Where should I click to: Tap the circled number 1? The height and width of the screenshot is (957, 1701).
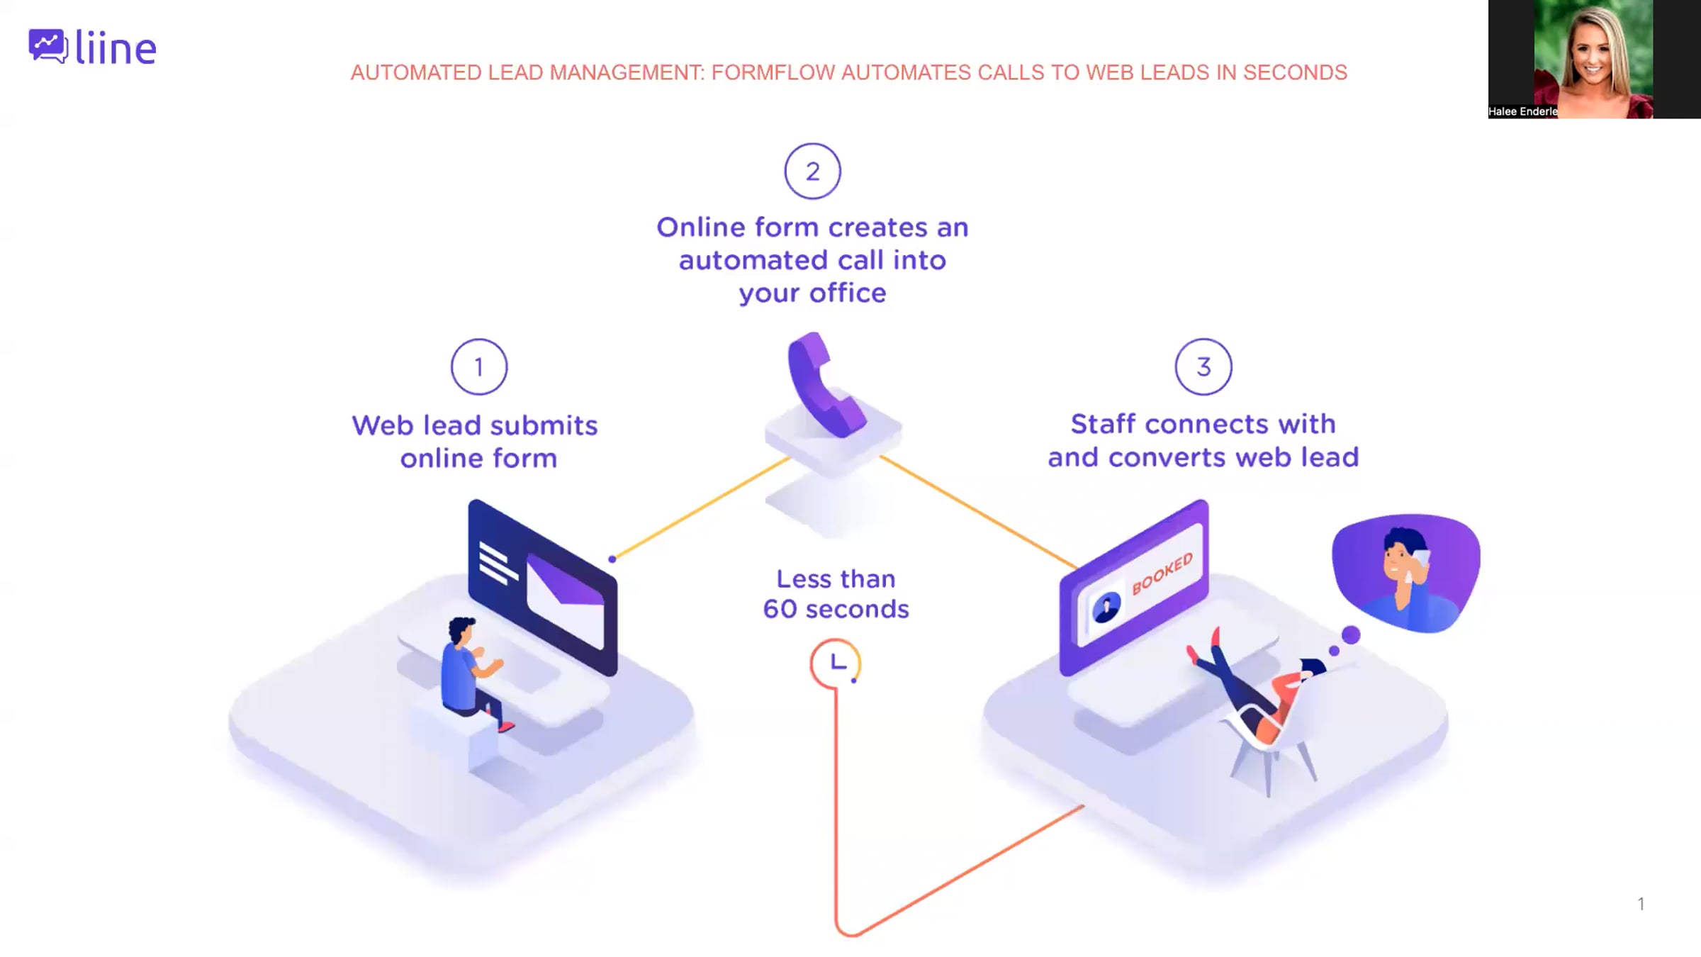pos(479,366)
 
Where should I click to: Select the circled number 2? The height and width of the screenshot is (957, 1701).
pos(812,172)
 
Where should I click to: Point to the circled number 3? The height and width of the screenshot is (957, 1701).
pos(1203,366)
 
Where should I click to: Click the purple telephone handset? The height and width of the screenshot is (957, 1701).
pos(824,384)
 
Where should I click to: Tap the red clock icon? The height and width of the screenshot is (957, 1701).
pos(836,664)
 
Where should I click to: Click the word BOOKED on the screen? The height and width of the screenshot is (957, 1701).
pos(1162,573)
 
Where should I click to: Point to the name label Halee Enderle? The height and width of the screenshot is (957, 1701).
pos(1522,111)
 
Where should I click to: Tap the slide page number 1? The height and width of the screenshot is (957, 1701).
pos(1641,904)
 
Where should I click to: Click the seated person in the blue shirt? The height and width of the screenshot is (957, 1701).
pos(471,673)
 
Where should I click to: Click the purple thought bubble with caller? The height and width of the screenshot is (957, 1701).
pos(1406,573)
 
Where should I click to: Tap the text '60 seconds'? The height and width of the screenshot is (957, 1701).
pos(836,609)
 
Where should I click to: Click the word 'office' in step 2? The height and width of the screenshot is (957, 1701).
pos(848,293)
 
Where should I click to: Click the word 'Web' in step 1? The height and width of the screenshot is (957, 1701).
pos(382,425)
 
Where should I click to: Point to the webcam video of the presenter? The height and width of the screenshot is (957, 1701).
pos(1594,59)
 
